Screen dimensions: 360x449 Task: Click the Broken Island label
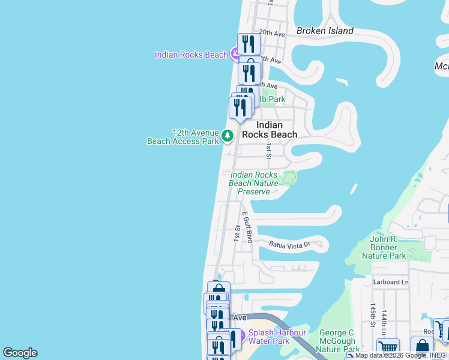(325, 31)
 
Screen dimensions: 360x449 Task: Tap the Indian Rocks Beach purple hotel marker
(237, 55)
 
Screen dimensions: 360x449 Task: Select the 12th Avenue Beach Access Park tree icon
(228, 137)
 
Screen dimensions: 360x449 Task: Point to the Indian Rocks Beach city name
(269, 130)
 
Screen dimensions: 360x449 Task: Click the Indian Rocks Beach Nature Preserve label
(254, 183)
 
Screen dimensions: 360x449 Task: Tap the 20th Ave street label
(271, 34)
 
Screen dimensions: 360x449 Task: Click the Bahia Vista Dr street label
(289, 244)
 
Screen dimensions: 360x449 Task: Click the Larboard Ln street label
(391, 282)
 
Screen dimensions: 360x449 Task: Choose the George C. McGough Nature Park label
(337, 341)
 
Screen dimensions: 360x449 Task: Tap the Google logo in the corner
(20, 353)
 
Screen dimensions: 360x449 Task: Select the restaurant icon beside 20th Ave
(249, 44)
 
